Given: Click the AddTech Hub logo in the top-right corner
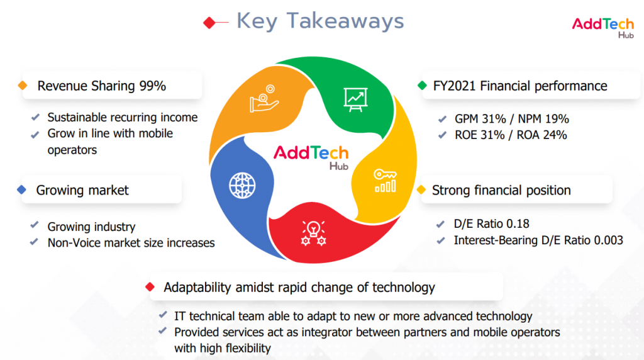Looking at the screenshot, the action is [x=603, y=28].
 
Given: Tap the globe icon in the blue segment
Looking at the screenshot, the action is [x=242, y=186].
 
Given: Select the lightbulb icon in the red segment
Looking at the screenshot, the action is [x=313, y=233].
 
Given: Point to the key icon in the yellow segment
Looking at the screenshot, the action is [x=386, y=181].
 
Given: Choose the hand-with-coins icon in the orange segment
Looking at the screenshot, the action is [x=264, y=99].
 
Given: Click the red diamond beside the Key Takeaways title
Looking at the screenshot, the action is [x=209, y=23].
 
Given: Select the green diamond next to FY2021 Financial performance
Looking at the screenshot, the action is [x=422, y=86].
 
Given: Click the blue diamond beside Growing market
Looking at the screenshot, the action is [x=22, y=190].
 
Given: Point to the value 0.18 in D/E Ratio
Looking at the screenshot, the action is [x=518, y=223].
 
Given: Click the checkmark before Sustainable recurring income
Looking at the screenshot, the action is [x=35, y=117].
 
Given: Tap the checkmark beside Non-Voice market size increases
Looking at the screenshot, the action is [x=34, y=242].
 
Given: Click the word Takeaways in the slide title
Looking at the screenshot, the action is [x=345, y=21].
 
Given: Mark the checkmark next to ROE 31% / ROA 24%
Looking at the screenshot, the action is [x=442, y=135].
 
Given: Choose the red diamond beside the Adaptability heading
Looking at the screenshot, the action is [x=150, y=286].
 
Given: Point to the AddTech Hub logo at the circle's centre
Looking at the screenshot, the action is [x=311, y=157].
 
